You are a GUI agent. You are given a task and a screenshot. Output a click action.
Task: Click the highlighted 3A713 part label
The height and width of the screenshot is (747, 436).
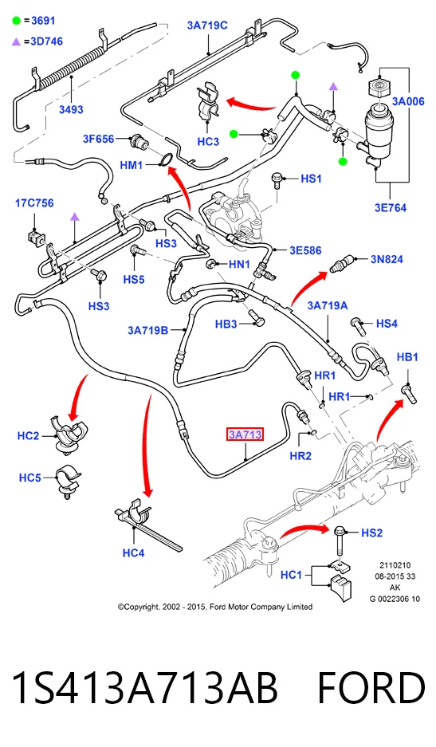tap(245, 434)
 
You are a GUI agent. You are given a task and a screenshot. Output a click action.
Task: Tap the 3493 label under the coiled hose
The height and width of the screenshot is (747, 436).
tap(71, 109)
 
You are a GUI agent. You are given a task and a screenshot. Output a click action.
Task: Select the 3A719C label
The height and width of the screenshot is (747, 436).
tap(207, 26)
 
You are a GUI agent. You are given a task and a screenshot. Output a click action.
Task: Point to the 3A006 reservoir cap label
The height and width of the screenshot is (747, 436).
tap(408, 101)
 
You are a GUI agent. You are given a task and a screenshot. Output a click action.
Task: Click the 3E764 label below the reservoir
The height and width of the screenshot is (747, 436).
tap(391, 207)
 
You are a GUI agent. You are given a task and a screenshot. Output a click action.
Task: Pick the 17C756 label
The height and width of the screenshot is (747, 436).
tap(34, 203)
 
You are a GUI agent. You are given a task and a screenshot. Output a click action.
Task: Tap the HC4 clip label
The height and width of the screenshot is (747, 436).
tap(133, 552)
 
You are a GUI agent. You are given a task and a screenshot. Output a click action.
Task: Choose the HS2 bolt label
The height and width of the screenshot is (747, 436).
tap(371, 533)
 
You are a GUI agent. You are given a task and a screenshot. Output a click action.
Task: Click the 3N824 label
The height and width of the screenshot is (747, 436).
tap(387, 259)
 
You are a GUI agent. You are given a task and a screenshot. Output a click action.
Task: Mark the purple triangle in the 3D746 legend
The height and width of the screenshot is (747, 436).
tap(17, 42)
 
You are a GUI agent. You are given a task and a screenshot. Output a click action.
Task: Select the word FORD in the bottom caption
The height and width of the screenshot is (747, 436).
tap(371, 688)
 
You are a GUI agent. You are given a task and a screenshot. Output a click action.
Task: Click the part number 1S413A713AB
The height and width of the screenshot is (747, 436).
tap(144, 688)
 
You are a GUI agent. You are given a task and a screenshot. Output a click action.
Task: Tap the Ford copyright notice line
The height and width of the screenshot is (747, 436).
tap(215, 607)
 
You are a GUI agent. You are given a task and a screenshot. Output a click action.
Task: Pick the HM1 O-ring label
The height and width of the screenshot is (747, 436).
tap(132, 165)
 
